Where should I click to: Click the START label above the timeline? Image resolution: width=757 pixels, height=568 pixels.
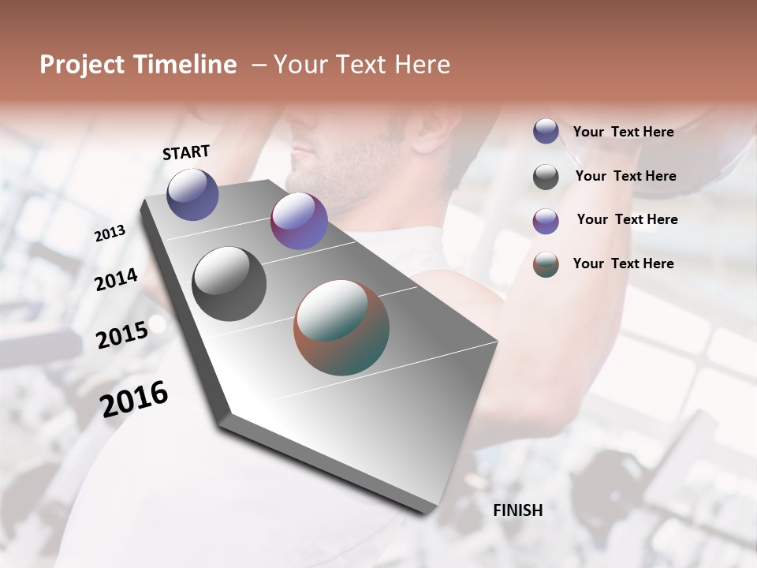tap(186, 152)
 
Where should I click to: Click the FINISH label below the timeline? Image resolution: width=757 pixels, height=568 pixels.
tap(517, 510)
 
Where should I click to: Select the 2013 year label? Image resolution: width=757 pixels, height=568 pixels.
tap(110, 234)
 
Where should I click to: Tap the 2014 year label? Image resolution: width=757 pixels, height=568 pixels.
tap(116, 279)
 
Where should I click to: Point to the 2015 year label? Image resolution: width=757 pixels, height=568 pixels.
tap(122, 335)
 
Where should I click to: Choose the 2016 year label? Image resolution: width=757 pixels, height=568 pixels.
tap(134, 399)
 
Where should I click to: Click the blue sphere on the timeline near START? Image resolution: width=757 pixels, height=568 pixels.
tap(192, 194)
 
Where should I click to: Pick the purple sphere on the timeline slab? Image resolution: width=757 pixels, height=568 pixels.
tap(299, 221)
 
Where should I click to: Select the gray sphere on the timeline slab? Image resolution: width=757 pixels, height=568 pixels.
tap(229, 284)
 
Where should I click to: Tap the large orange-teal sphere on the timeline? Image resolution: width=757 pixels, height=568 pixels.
tap(341, 327)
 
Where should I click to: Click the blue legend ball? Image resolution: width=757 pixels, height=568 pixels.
tap(546, 131)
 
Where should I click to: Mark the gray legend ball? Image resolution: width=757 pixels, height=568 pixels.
tap(546, 177)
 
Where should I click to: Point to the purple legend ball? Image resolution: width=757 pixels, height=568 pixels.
tap(546, 221)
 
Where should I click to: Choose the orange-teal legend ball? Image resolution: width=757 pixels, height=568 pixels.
tap(546, 264)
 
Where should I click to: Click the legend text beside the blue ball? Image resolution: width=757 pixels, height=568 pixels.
tap(623, 132)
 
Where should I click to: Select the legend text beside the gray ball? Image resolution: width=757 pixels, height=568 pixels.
tap(625, 176)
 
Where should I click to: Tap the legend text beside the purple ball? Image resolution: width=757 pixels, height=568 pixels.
tap(627, 219)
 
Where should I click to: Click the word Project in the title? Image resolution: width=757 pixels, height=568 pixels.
tap(84, 65)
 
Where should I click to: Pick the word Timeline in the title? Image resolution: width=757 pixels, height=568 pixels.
tap(186, 65)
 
